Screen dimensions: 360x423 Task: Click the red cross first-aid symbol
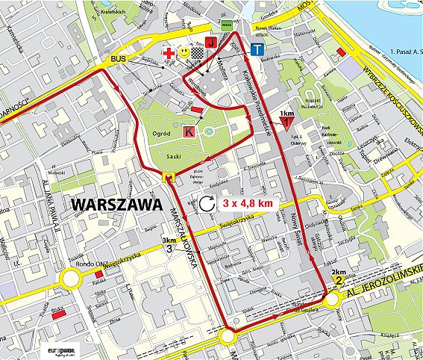pos(169,54)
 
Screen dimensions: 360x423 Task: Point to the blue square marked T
pos(257,51)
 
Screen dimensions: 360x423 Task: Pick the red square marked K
pos(189,131)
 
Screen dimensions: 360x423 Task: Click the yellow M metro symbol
pos(169,177)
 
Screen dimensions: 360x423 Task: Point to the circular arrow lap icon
pos(207,202)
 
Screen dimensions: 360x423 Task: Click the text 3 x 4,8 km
pos(246,202)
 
